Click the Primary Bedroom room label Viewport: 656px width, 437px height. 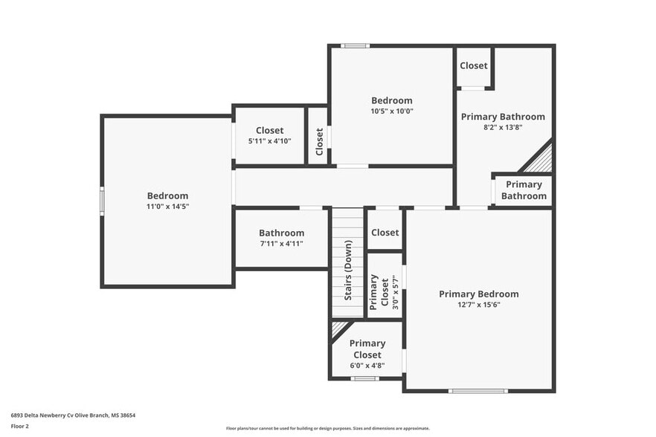point(478,294)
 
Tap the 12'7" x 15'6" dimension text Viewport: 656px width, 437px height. point(478,305)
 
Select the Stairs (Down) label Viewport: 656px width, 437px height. point(347,271)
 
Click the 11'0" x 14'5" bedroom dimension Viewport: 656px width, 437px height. point(167,207)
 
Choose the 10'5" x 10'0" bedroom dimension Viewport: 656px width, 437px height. point(391,111)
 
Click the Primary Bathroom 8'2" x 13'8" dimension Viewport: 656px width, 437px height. point(503,128)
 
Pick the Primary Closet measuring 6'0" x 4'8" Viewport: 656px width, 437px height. point(367,349)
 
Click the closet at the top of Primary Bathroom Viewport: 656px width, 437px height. point(473,65)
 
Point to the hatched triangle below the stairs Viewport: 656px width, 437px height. point(339,328)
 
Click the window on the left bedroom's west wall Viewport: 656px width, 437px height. point(102,201)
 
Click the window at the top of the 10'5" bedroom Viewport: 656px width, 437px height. point(356,46)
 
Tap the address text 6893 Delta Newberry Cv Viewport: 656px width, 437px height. point(72,415)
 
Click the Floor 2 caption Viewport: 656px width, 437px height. point(19,426)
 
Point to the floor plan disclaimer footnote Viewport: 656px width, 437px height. point(327,428)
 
